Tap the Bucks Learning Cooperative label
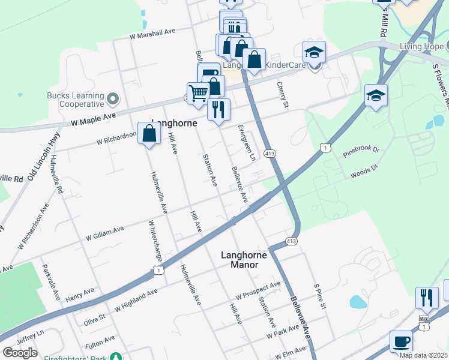pyautogui.click(x=75, y=98)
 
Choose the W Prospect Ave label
pyautogui.click(x=259, y=290)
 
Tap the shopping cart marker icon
pyautogui.click(x=198, y=93)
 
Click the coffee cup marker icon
pyautogui.click(x=401, y=342)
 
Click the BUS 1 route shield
pyautogui.click(x=425, y=324)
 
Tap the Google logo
pyautogui.click(x=20, y=353)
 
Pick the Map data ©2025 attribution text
pyautogui.click(x=423, y=355)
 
